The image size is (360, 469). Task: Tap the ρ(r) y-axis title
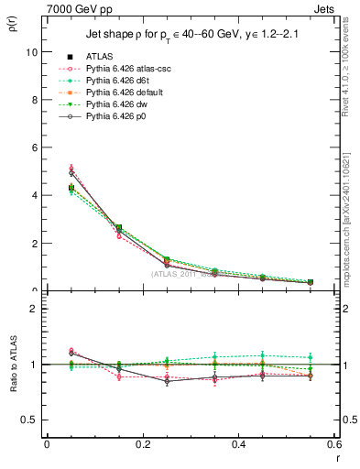[x=12, y=21]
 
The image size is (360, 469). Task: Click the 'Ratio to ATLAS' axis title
[x=12, y=364]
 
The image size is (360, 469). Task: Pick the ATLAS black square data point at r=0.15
[x=118, y=227]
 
